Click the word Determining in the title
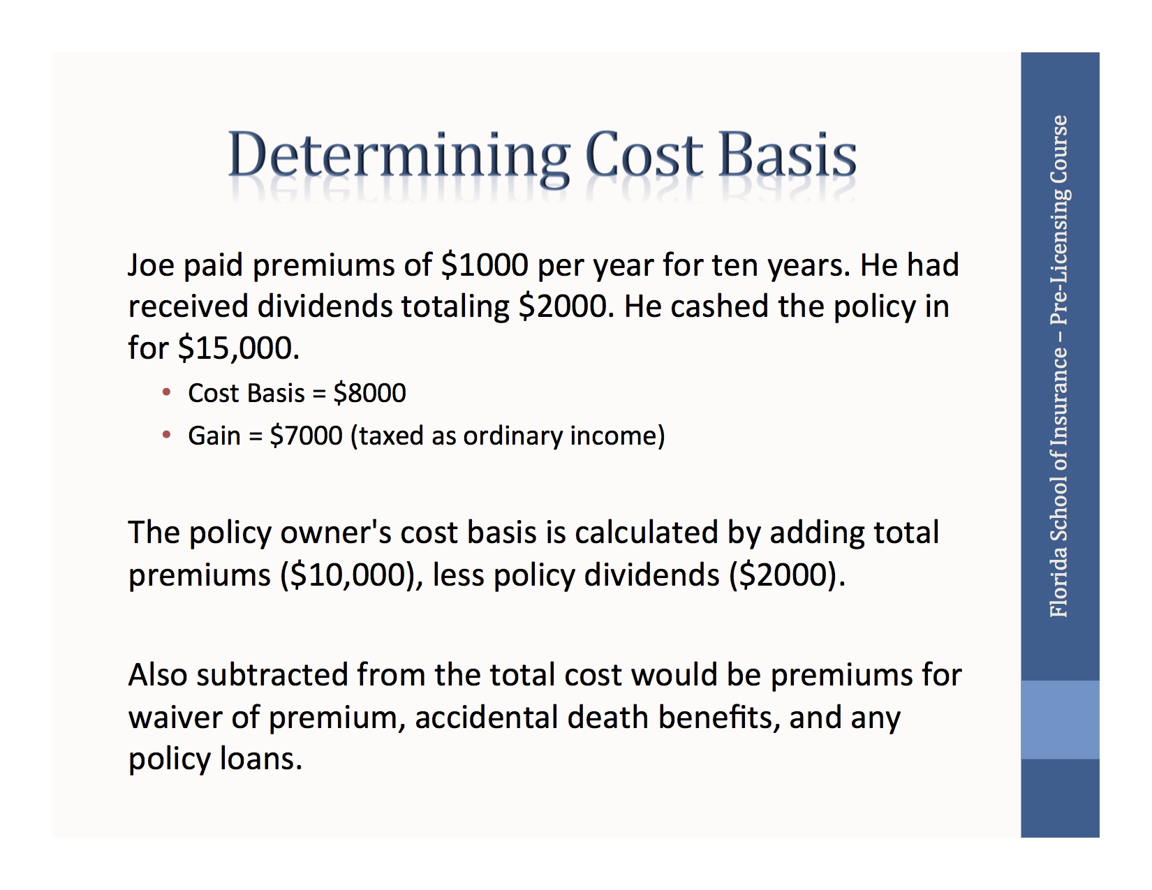click(399, 155)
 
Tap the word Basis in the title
click(787, 155)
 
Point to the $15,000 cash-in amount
click(238, 348)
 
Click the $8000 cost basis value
click(369, 393)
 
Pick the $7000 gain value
click(306, 436)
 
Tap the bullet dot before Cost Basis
click(166, 393)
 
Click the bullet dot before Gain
click(166, 436)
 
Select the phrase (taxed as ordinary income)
click(508, 436)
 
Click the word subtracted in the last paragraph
click(272, 675)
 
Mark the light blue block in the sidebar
click(1060, 720)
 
